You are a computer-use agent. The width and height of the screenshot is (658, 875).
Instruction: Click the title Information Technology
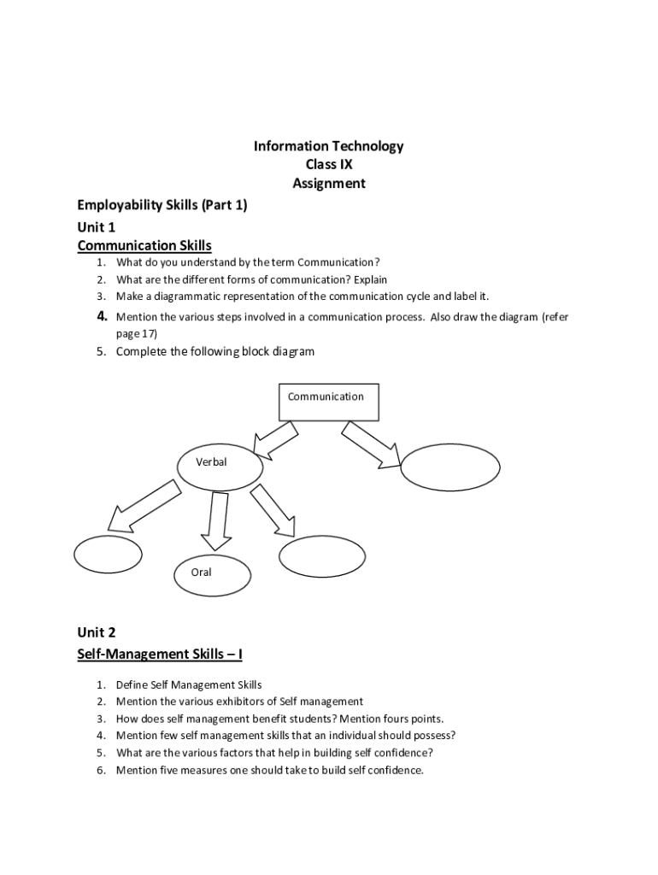pos(328,146)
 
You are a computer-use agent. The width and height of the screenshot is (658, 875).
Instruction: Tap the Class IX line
pos(328,165)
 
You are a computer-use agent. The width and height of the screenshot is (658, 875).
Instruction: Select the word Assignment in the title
pos(328,183)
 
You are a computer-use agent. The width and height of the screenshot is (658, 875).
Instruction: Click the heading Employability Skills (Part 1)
pos(162,205)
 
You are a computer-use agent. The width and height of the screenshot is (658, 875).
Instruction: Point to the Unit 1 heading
pos(96,226)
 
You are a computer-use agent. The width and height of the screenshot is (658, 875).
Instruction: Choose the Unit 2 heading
pos(96,632)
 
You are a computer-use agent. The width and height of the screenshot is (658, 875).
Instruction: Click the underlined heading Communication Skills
pos(144,246)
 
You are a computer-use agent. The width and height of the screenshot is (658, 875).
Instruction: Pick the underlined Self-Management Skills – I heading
pos(160,654)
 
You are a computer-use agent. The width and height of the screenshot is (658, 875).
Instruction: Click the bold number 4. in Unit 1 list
pos(101,317)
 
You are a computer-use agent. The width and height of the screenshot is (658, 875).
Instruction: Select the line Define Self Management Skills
pos(189,684)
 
